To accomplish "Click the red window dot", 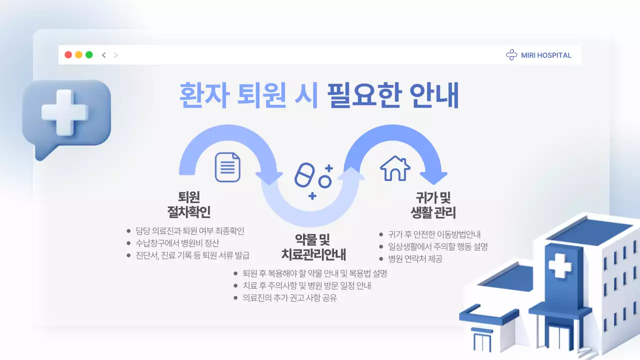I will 68,55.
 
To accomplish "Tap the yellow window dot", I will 78,55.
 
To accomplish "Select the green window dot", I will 89,55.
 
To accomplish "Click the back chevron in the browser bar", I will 104,55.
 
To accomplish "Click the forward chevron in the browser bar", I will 116,55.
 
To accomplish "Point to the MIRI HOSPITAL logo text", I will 546,55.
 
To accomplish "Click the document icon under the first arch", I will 227,167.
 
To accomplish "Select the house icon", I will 395,168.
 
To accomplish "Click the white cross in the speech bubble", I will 64,112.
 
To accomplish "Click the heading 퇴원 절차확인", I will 188,204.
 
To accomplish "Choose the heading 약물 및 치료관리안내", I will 313,246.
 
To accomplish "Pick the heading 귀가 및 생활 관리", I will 433,204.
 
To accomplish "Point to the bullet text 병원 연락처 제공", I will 415,259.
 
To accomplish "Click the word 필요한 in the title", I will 364,95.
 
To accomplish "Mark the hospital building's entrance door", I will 483,343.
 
